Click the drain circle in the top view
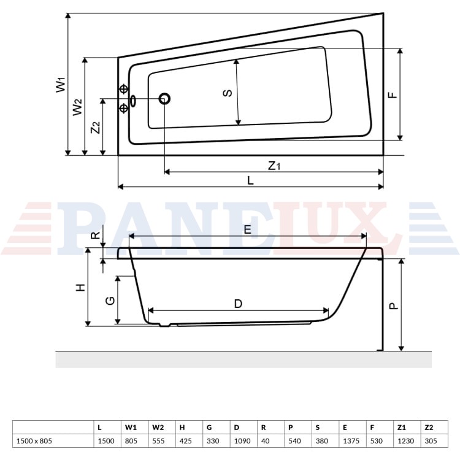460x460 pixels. click(x=164, y=99)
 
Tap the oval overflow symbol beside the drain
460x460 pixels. click(x=133, y=101)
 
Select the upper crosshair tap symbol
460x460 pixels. click(x=124, y=89)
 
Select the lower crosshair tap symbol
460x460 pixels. click(x=124, y=108)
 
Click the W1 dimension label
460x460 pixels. click(x=61, y=85)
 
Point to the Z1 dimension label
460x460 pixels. click(x=274, y=166)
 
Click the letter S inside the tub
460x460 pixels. click(x=228, y=93)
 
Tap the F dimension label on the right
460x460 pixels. click(x=393, y=94)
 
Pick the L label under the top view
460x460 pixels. click(x=250, y=180)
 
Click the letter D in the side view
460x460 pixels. click(x=238, y=304)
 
